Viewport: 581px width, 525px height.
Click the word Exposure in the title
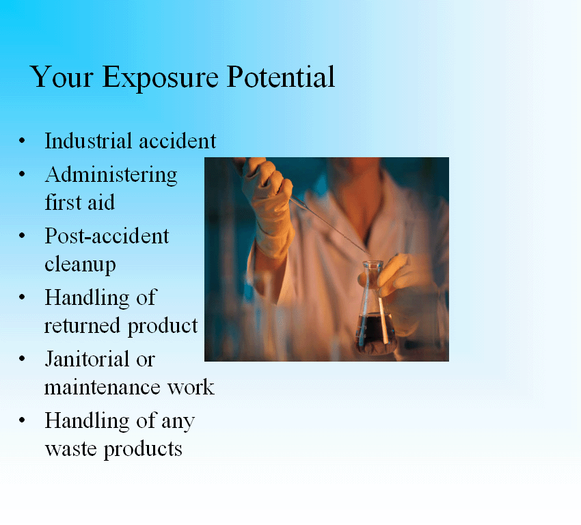coord(160,78)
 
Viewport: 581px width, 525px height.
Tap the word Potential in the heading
coord(280,77)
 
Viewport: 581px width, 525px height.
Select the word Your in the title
coord(62,77)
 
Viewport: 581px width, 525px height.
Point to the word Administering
coord(111,175)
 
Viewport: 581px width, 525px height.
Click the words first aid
coord(80,202)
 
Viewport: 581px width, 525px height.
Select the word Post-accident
coord(107,236)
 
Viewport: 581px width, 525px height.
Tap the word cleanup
coord(80,265)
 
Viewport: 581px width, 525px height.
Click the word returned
coord(82,326)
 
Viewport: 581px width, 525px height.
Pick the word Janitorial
coord(87,359)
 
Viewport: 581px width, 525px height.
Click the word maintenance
coord(103,388)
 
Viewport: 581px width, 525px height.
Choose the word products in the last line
coord(143,450)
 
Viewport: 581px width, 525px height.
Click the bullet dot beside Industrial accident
coord(22,141)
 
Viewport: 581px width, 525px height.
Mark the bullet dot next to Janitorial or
coord(22,359)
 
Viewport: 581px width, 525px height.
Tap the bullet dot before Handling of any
coord(22,420)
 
